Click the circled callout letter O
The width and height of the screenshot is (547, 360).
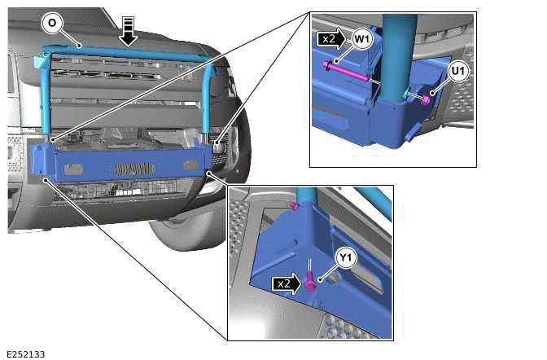[52, 24]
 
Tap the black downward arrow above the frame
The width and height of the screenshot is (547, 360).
[128, 29]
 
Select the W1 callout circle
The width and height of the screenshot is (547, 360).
[362, 37]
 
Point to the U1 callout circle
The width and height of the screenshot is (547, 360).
[457, 72]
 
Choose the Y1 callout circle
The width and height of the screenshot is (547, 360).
[346, 259]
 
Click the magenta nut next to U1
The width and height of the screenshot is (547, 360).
[426, 99]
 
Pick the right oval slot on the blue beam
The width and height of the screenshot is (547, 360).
[191, 165]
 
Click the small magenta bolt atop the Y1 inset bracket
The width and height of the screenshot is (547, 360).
[295, 206]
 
